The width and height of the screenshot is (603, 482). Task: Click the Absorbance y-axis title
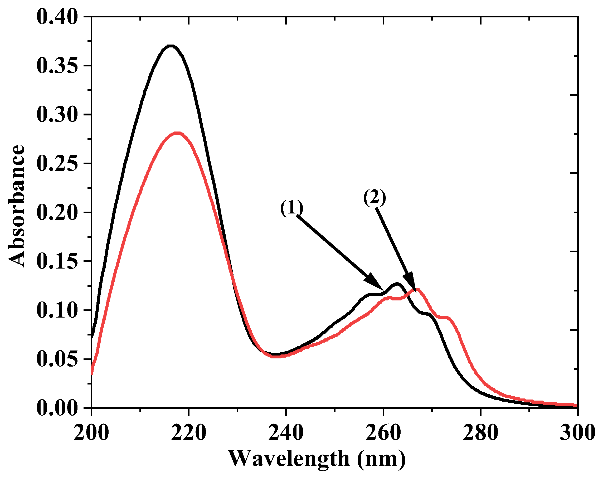pyautogui.click(x=16, y=206)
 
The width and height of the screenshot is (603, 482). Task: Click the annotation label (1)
pyautogui.click(x=292, y=208)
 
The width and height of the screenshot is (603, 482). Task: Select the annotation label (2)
pyautogui.click(x=375, y=197)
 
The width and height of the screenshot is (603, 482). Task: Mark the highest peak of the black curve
pyautogui.click(x=171, y=46)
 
